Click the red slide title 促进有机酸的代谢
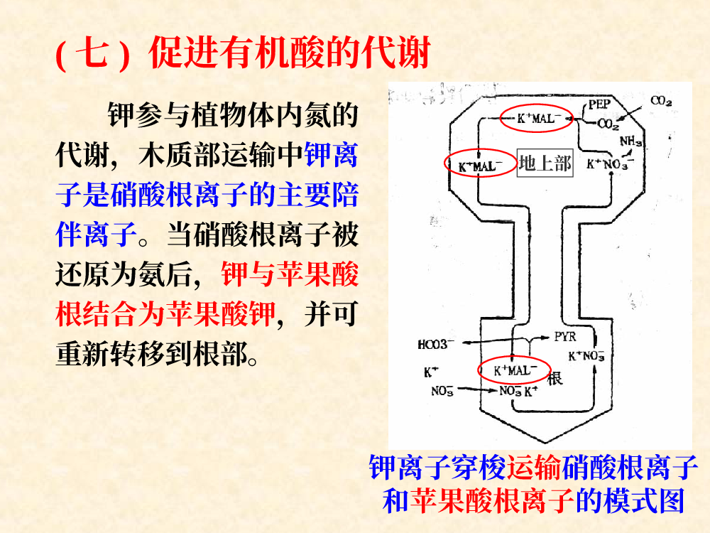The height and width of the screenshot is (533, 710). click(289, 53)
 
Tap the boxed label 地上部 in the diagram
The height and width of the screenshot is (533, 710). click(545, 163)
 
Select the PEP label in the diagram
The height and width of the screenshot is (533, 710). click(599, 104)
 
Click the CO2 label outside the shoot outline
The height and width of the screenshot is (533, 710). click(661, 101)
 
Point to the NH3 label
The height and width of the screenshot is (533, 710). click(630, 141)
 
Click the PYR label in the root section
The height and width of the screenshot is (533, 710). click(565, 337)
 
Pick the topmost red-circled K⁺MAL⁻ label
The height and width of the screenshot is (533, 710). click(537, 119)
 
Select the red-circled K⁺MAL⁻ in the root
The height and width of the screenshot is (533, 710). click(515, 370)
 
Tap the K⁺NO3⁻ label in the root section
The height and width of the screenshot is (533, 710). click(586, 356)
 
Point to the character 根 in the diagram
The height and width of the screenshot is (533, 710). click(555, 378)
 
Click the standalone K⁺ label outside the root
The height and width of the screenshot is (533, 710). click(431, 372)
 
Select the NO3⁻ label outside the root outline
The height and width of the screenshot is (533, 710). click(442, 391)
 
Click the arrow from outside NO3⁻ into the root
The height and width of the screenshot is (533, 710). click(477, 389)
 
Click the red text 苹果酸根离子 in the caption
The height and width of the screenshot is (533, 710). click(493, 501)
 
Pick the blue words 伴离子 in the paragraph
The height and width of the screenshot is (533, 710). click(97, 235)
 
